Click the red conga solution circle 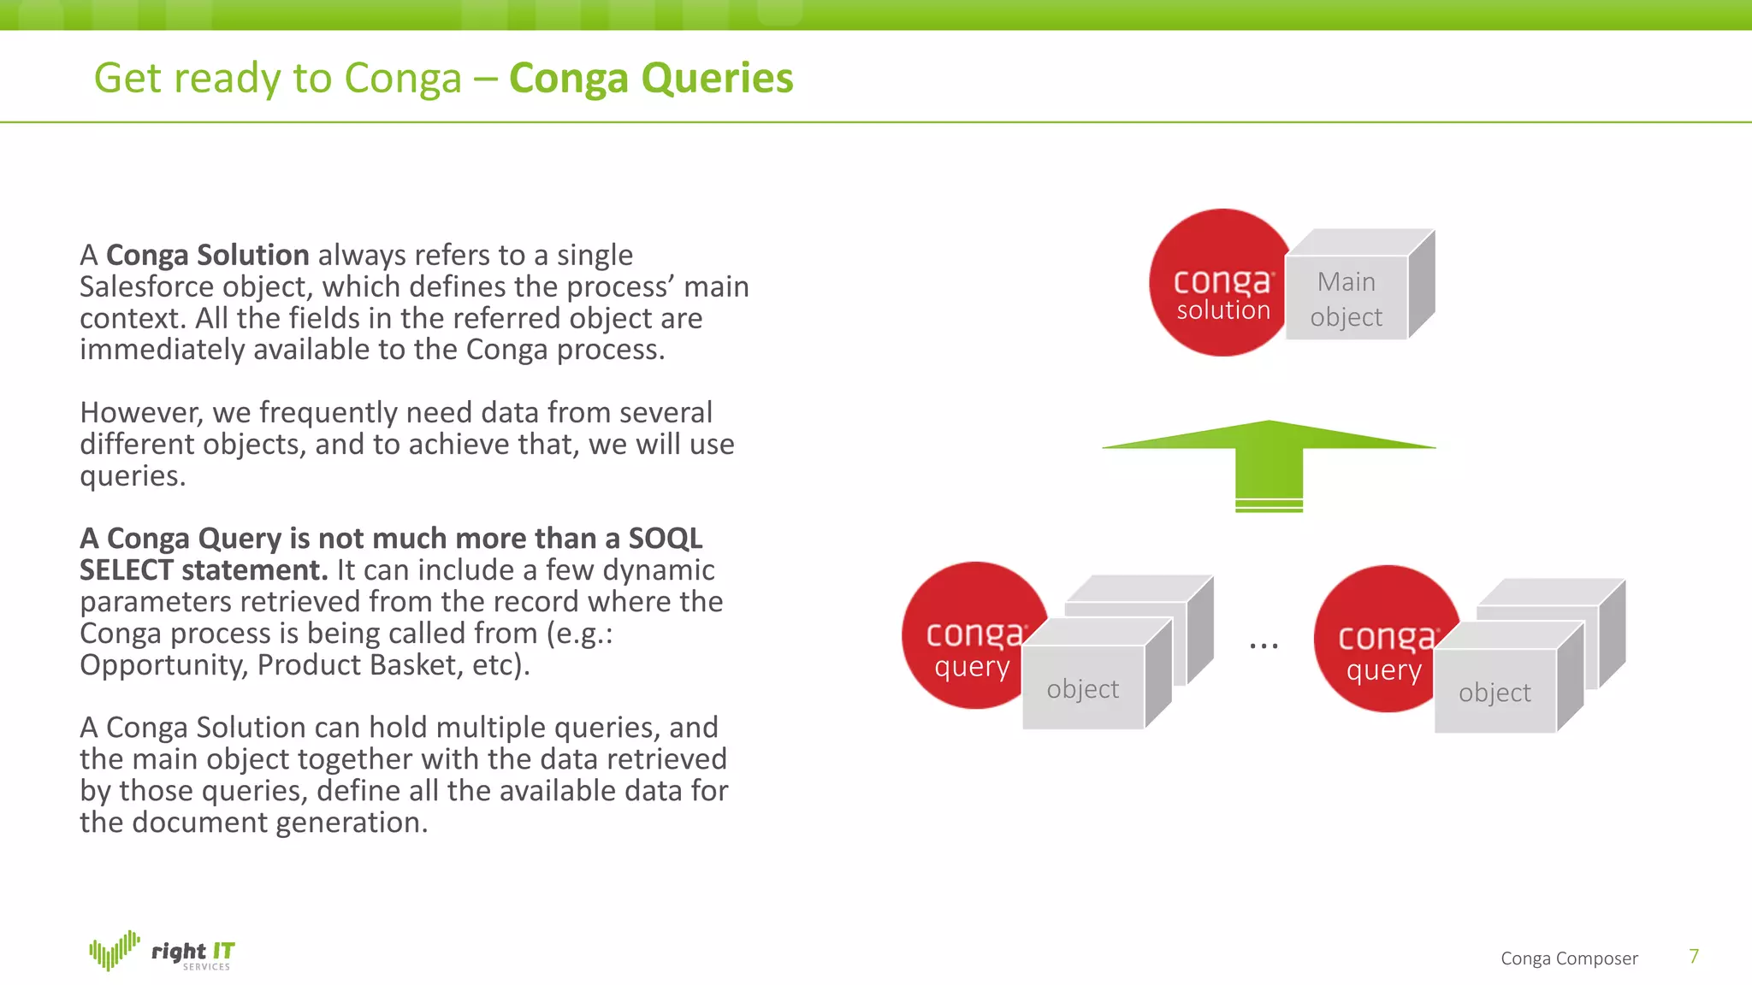(x=1219, y=282)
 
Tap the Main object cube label (x=1347, y=298)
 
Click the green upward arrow (x=1270, y=462)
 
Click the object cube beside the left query (x=1083, y=688)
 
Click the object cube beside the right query (x=1495, y=692)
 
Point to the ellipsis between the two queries (x=1264, y=646)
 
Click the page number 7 (x=1694, y=956)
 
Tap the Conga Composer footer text (x=1569, y=958)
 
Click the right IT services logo (x=163, y=952)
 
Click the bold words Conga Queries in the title (x=651, y=79)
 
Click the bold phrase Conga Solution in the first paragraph (x=207, y=255)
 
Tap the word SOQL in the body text (x=665, y=539)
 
